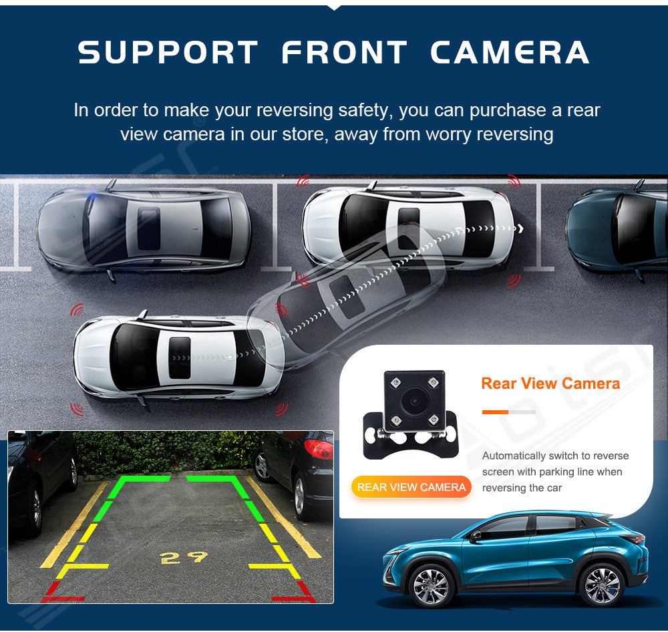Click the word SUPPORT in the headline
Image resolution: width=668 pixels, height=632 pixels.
coord(168,52)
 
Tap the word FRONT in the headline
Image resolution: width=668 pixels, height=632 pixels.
coord(344,52)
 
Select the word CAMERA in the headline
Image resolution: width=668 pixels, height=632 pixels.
coord(510,52)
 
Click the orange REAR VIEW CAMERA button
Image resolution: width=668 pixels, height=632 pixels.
coord(411,487)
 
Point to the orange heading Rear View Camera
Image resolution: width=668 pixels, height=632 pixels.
coord(550,383)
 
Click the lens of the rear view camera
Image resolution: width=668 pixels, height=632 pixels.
coord(414,401)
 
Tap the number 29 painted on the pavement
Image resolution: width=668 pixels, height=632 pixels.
coord(184,557)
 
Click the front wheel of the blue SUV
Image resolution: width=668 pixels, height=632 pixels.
coord(431,587)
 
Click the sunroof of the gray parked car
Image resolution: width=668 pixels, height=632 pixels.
coord(149,229)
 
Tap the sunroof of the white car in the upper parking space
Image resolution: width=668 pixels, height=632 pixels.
coord(409,229)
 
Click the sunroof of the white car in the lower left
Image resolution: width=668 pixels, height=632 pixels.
coord(179,358)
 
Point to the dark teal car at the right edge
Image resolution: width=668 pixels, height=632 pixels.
coord(617,230)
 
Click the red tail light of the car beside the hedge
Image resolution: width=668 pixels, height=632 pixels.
coord(319,449)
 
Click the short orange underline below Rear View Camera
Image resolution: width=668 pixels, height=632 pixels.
coord(495,412)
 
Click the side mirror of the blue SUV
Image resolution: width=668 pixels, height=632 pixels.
coord(474,537)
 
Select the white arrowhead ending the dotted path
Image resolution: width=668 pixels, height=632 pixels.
coord(520,228)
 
